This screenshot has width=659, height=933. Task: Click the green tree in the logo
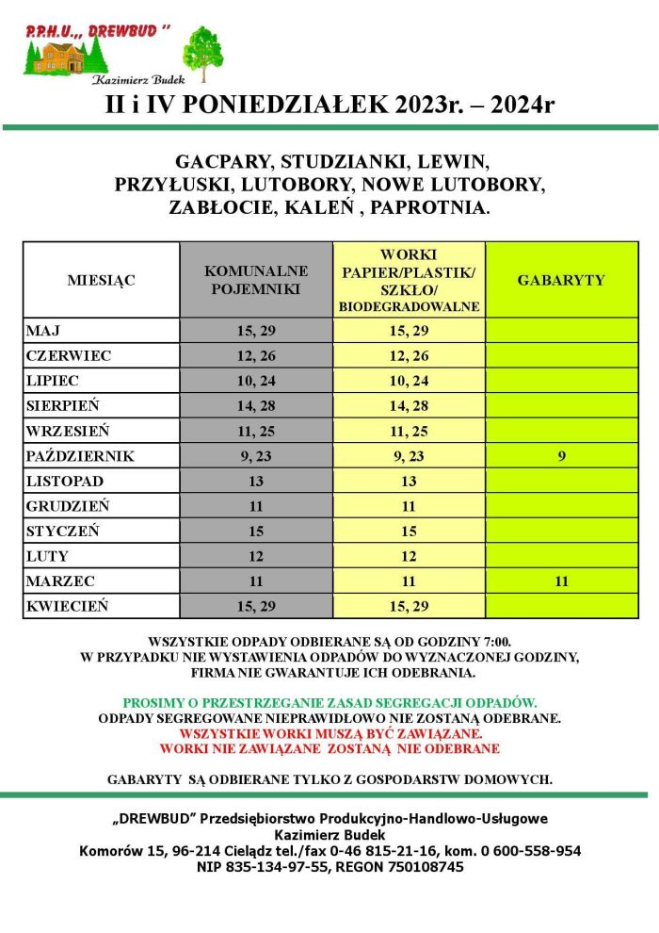pos(201,51)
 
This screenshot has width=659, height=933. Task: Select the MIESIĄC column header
pos(101,280)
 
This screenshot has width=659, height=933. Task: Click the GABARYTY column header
pos(561,280)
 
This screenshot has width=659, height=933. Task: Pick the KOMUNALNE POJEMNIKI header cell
pos(256,280)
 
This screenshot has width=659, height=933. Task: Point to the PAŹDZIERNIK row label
pos(80,456)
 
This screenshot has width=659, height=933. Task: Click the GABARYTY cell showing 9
pos(561,456)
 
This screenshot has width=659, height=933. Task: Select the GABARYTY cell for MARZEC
pos(561,581)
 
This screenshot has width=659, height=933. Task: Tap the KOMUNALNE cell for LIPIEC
pos(256,381)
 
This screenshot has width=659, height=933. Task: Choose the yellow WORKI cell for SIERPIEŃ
pos(409,406)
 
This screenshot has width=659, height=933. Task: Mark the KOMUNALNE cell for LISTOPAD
pos(256,482)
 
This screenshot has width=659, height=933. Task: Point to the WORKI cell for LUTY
pos(409,556)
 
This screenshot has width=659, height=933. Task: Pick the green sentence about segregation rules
pos(329,703)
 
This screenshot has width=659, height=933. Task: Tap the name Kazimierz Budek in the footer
pos(329,835)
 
